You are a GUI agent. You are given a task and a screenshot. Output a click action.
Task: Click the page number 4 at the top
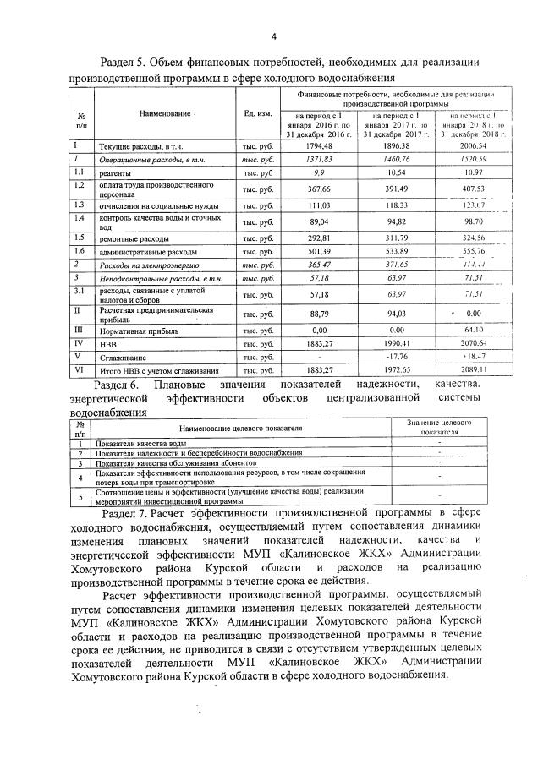pos(273,36)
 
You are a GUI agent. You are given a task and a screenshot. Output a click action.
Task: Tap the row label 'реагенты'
pos(119,172)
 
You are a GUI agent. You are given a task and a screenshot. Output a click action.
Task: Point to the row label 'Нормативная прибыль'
pos(139,330)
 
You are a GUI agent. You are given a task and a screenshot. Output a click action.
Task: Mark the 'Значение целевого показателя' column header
pos(439,426)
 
